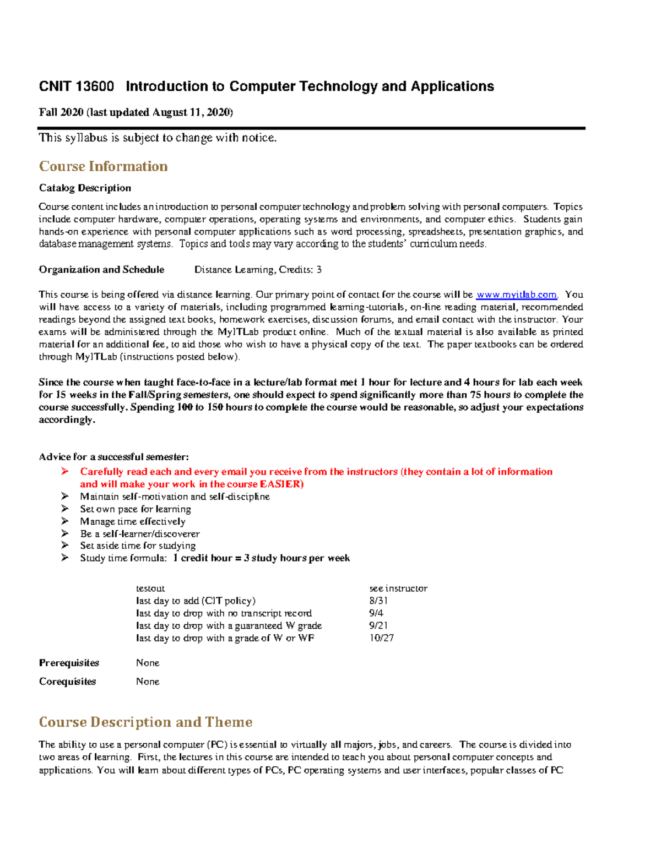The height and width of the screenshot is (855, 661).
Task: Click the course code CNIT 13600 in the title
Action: tap(77, 86)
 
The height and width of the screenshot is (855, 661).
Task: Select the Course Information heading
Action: tap(103, 166)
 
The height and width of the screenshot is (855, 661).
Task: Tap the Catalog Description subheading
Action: tap(85, 188)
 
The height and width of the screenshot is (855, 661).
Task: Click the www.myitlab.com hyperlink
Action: tap(516, 295)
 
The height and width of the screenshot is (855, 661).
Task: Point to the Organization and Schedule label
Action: tap(101, 270)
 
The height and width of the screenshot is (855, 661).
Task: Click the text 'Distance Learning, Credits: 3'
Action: tap(258, 270)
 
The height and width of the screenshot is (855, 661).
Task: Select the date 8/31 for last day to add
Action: tap(378, 601)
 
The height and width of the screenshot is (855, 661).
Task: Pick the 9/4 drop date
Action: tap(376, 613)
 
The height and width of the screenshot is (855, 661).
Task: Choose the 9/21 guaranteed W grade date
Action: tap(378, 626)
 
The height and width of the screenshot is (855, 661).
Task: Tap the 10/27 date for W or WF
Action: tap(381, 638)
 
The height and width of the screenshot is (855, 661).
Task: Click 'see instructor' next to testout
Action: tap(398, 589)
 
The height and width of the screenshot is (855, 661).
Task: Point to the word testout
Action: tap(150, 589)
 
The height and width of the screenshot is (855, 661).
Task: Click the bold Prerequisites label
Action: tap(69, 663)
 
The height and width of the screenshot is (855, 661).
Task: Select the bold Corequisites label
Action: tap(67, 682)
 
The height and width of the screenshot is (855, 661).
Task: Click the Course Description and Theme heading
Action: tap(145, 722)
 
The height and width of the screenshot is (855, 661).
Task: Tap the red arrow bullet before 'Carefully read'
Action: tap(65, 472)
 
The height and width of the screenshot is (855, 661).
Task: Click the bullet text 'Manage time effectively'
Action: tap(133, 521)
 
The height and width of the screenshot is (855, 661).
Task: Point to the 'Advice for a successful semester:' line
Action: tap(113, 457)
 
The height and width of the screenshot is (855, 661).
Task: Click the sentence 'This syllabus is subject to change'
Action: tap(158, 138)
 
